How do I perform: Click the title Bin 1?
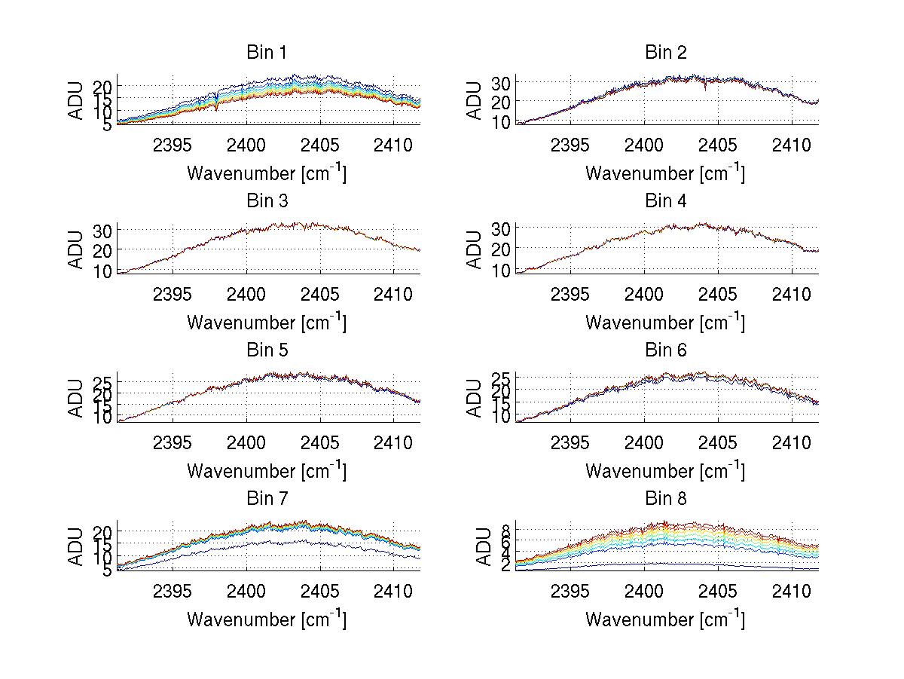coord(267,53)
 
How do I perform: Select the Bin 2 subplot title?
coord(666,53)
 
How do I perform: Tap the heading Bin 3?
coord(267,201)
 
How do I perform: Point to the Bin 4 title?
coord(666,201)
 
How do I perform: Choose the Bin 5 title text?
coord(267,350)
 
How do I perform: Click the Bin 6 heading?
coord(666,350)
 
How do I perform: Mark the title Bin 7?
coord(267,499)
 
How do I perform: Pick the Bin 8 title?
coord(666,499)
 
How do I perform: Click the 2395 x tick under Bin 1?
coord(173,145)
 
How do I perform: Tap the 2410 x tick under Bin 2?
coord(792,145)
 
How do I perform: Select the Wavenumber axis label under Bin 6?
coord(665,470)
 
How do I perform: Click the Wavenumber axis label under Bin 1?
coord(267,173)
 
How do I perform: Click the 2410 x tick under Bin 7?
coord(393,591)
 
